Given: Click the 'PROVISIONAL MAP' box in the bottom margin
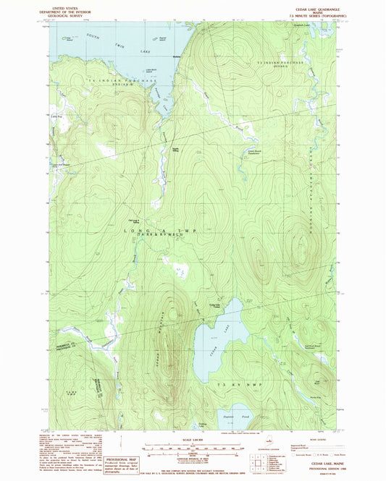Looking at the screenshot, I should click(119, 461).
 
